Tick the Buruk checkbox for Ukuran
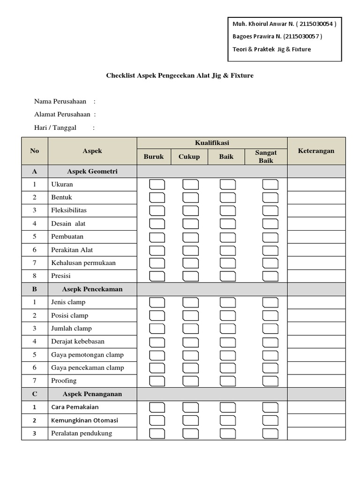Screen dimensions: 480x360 (157, 184)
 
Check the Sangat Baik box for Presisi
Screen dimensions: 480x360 (270, 276)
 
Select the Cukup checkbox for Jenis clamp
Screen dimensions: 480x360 (190, 302)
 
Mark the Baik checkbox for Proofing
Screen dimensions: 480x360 (228, 381)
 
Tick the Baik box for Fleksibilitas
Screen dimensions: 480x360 (228, 210)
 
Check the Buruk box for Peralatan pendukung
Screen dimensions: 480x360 (157, 433)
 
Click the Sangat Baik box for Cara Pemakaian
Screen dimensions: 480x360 (270, 407)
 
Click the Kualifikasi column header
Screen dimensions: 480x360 (212, 143)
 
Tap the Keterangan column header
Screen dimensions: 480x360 (316, 150)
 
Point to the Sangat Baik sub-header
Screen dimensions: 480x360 (266, 157)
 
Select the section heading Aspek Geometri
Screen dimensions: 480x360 (92, 172)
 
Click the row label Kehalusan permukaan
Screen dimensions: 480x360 (83, 262)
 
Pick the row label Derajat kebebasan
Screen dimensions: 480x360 (78, 341)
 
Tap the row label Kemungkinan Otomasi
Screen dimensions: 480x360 (85, 420)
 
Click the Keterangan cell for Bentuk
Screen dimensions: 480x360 (316, 197)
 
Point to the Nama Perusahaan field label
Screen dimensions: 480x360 (60, 101)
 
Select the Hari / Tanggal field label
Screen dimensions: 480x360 (55, 127)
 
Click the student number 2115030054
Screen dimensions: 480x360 (316, 24)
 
